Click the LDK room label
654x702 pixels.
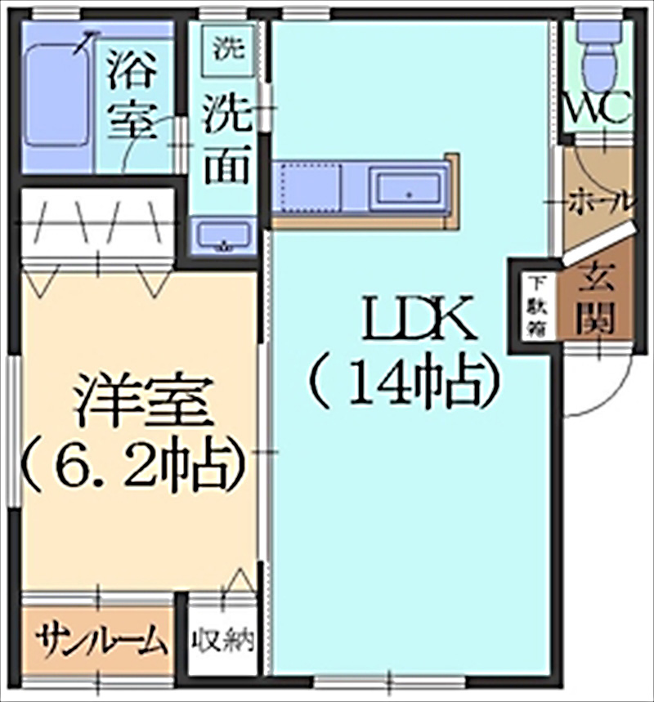click(418, 319)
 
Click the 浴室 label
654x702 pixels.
click(132, 95)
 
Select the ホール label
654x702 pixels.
click(600, 200)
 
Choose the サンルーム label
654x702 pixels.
click(101, 641)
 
